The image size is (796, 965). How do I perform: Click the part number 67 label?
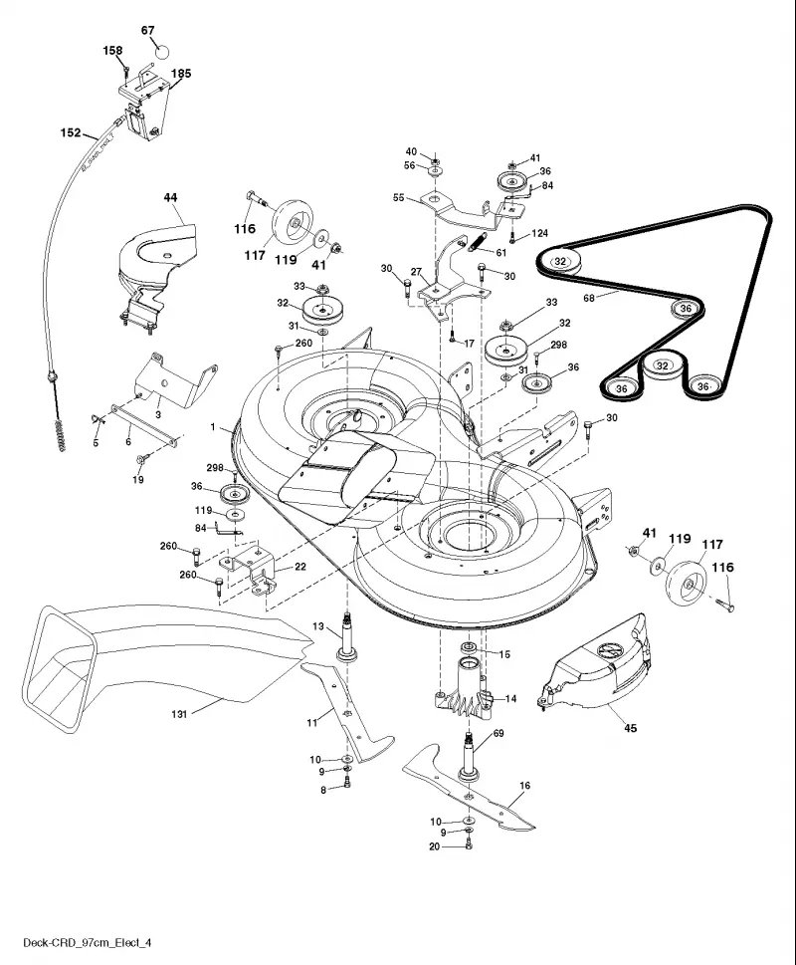(147, 30)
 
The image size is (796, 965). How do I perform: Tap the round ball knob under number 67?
(161, 51)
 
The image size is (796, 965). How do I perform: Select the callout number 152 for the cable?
(70, 132)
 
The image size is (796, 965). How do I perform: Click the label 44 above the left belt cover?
(170, 197)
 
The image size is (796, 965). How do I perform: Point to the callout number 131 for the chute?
(179, 714)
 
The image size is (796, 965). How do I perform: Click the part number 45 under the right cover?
(630, 728)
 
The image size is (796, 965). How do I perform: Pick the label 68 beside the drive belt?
(589, 299)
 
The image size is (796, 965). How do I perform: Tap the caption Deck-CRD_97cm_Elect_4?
(87, 942)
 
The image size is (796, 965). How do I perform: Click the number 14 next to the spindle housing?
(510, 698)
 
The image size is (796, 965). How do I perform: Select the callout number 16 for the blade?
(524, 786)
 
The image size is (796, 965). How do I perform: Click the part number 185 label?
(181, 74)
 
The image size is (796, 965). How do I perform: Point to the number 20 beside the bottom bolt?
(434, 846)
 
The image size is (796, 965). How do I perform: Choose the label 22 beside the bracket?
(299, 567)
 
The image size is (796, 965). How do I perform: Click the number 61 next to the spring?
(501, 252)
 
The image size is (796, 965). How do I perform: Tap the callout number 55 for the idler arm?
(398, 197)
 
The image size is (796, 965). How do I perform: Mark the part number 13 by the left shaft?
(317, 626)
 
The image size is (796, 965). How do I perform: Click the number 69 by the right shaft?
(498, 733)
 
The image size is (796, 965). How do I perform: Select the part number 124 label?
(539, 233)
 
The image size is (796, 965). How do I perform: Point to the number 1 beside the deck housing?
(213, 426)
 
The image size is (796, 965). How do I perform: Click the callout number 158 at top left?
(112, 51)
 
